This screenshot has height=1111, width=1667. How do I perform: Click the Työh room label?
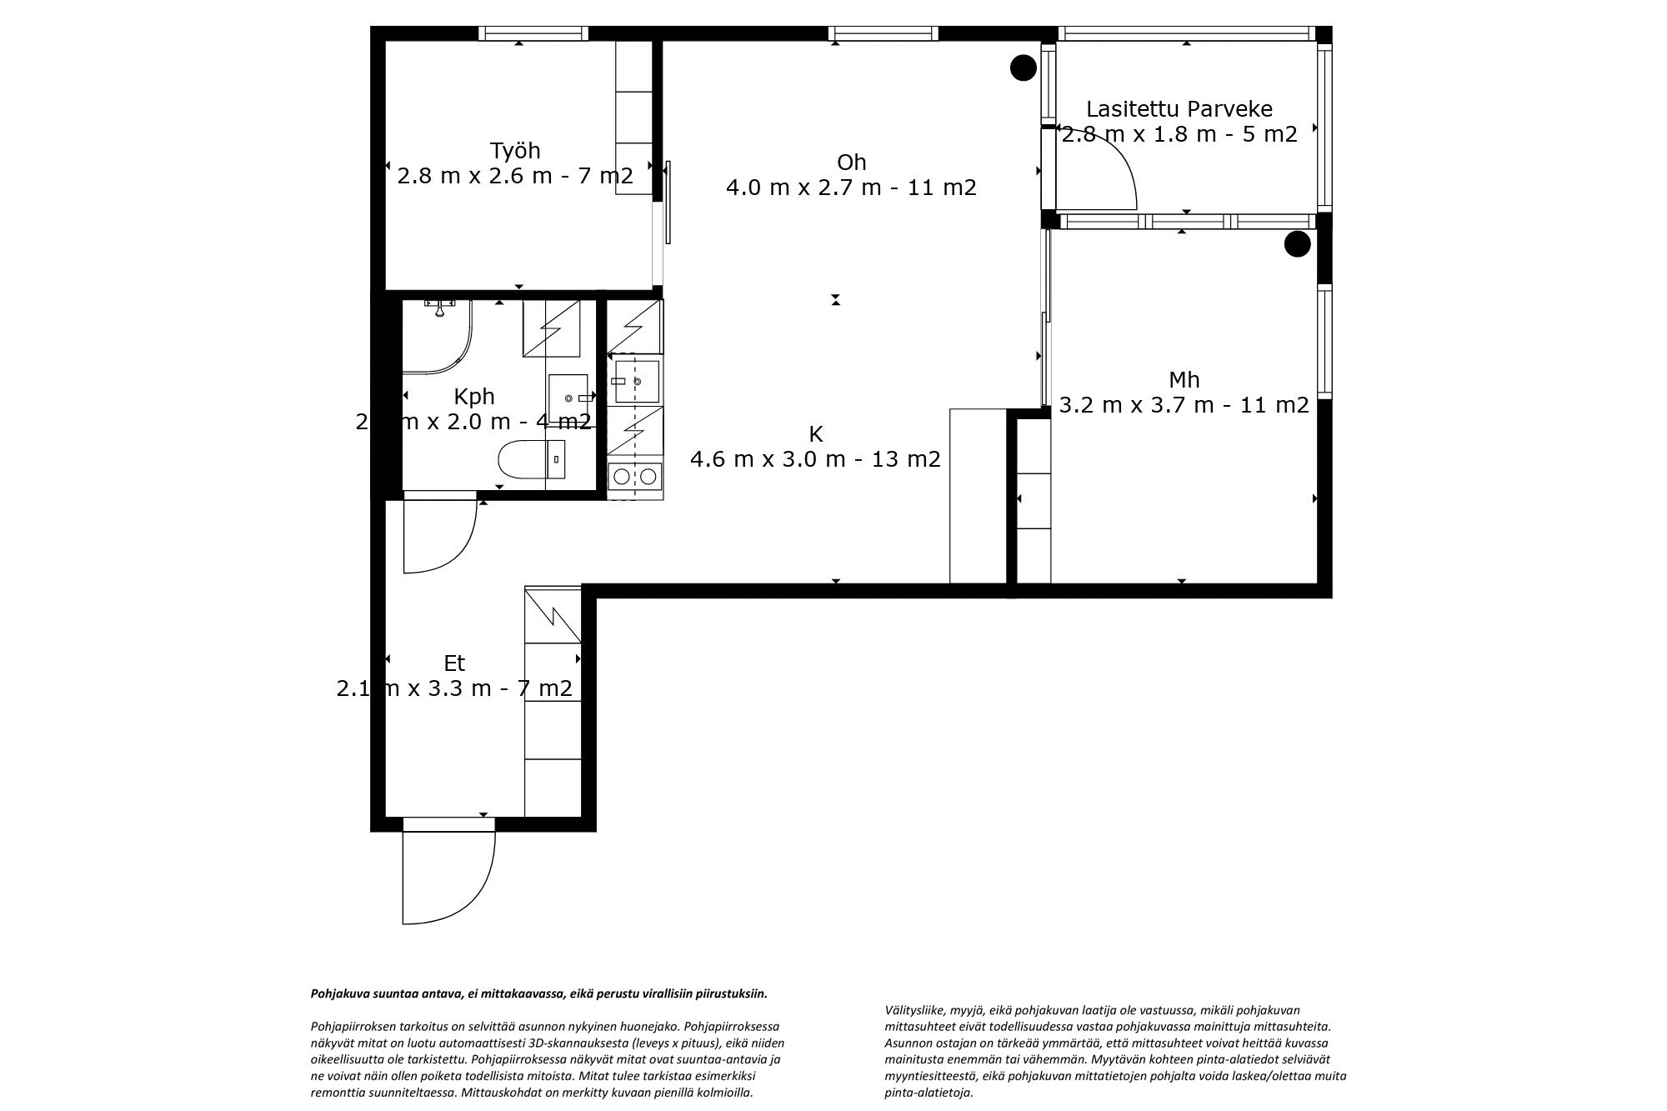pyautogui.click(x=514, y=151)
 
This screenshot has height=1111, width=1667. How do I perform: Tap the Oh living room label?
pyautogui.click(x=851, y=162)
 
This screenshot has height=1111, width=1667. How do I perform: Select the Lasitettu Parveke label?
pyautogui.click(x=1179, y=109)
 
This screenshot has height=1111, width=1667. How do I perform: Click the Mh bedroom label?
pyautogui.click(x=1184, y=380)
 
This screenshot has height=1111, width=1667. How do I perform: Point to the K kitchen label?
pyautogui.click(x=815, y=434)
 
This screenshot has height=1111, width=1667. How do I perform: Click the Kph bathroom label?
pyautogui.click(x=473, y=396)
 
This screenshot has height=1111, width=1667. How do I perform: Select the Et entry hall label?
pyautogui.click(x=454, y=663)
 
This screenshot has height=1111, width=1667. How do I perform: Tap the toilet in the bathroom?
pyautogui.click(x=520, y=459)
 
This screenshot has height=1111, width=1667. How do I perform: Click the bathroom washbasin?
pyautogui.click(x=568, y=398)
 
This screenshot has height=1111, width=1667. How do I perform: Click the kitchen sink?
pyautogui.click(x=638, y=381)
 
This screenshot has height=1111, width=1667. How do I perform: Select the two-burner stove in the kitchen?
pyautogui.click(x=635, y=476)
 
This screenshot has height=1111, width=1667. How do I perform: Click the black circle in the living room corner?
pyautogui.click(x=1023, y=68)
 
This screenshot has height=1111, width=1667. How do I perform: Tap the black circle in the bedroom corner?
pyautogui.click(x=1296, y=244)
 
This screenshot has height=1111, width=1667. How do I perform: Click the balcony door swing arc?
pyautogui.click(x=1109, y=171)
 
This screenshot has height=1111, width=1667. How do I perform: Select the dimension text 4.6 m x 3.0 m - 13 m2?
pyautogui.click(x=815, y=459)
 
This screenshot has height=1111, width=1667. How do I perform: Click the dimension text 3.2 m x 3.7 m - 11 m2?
pyautogui.click(x=1184, y=406)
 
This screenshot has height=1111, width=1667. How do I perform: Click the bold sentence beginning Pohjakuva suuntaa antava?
pyautogui.click(x=538, y=993)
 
